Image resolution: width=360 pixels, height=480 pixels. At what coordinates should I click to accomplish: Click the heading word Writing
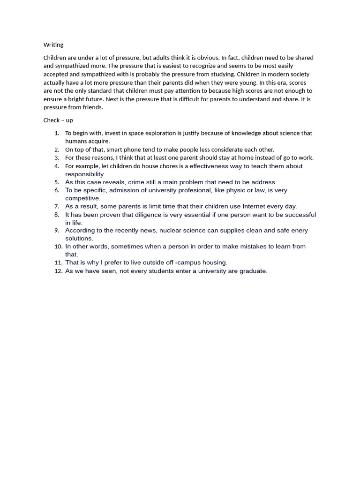click(53, 45)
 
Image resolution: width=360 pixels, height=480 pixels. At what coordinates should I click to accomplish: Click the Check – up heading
click(58, 120)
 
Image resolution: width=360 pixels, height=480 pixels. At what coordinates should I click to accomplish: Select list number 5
click(57, 182)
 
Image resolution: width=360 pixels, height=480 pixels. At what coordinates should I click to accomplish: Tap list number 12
click(58, 271)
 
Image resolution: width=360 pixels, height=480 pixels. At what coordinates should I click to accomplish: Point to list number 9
click(57, 231)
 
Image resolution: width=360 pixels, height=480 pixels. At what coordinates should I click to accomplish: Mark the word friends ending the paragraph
click(92, 107)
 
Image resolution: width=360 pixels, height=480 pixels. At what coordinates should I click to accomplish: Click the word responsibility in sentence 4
click(84, 174)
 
